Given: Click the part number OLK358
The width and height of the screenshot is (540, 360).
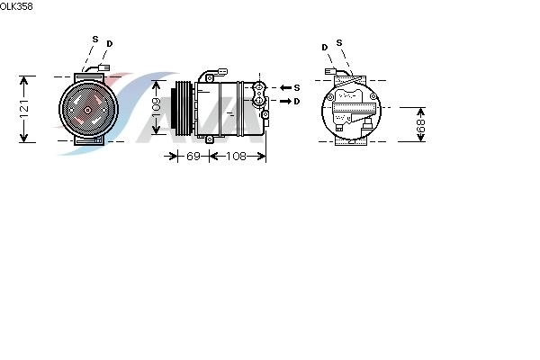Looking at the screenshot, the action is coord(16,6).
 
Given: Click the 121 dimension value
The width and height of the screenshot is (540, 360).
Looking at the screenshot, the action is coord(24,109).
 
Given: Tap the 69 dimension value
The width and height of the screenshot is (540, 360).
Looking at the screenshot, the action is coord(193,156).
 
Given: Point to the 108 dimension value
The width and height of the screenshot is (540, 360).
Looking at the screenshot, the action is coord(236,156).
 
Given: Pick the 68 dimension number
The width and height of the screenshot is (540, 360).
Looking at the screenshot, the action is coord(421,126).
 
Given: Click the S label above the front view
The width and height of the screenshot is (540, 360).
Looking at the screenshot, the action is coord(95,40).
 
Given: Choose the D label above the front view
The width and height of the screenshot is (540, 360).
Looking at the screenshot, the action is coord(110,44).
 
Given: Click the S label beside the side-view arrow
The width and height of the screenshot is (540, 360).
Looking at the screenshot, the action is coord(297,88).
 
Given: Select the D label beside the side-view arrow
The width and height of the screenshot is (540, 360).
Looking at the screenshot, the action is coord(297,102).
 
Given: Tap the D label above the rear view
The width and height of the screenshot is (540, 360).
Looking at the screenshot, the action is coord(325,47).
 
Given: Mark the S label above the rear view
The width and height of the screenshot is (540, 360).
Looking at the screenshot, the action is coord(339,42).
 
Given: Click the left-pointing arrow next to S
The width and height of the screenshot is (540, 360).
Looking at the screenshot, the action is coord(286,88).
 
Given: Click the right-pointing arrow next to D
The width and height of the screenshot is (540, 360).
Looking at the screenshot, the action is coord(286,102).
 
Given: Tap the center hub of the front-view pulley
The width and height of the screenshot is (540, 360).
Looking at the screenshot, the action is coord(87,110).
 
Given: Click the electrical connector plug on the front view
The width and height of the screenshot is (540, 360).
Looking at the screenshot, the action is coord(104,67).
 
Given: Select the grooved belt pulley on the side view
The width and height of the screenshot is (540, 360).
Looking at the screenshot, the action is coord(182,107).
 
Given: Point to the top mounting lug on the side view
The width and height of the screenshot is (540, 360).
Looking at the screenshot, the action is coord(210,78).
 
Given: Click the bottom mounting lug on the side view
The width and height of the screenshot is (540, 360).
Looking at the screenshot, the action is coord(210,139).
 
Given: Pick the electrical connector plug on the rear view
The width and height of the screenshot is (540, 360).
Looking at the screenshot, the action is coord(330,71).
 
